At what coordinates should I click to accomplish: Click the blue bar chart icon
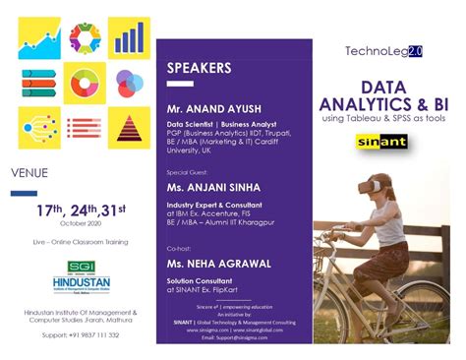pos(128,36)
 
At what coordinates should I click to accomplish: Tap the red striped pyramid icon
pos(128,126)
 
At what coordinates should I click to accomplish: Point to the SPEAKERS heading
pos(200,69)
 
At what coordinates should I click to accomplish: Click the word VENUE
pos(29,173)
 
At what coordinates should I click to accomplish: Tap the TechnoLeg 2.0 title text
pos(382,50)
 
